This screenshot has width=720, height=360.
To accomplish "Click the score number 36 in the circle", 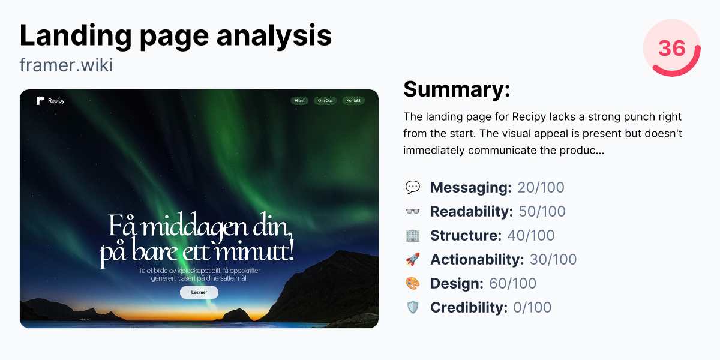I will pos(671,48).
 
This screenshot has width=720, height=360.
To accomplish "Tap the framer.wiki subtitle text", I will pos(66,65).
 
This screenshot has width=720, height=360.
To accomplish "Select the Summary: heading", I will pos(457,89).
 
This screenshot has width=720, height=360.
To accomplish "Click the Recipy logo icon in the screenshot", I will pos(40,100).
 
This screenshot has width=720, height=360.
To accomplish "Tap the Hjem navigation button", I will pos(299,101).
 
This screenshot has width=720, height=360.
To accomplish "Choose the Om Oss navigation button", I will pos(325,101).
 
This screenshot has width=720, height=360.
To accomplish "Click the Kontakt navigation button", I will pos(353,101).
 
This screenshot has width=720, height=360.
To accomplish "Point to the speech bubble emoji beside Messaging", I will pos(413,188).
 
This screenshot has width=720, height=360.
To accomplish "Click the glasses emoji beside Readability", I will pos(413,212).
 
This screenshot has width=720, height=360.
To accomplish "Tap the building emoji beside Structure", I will pos(413,236).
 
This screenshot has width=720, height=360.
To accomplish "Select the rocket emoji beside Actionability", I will pos(413,260).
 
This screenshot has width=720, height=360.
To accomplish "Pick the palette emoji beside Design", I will pos(413,284).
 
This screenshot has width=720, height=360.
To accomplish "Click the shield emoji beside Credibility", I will pos(413,308).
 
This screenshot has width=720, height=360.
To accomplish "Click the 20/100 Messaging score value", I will pos(541,188).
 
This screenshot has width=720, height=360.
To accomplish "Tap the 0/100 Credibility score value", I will pos(532,308).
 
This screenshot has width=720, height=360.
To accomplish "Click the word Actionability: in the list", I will pos(477,260).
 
